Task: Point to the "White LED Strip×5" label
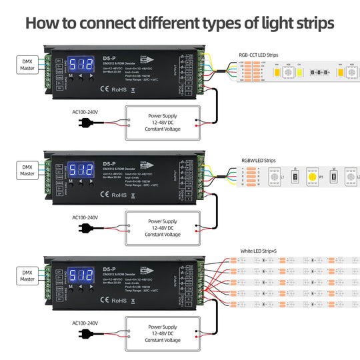[x=262, y=251]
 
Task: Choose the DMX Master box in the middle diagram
[x=27, y=170]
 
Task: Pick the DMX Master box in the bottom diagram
[x=27, y=275]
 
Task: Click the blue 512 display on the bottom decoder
[x=80, y=276]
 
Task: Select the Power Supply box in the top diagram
[x=163, y=122]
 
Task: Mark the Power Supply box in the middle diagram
[x=163, y=227]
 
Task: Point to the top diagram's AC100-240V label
[x=85, y=113]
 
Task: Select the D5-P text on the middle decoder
[x=109, y=163]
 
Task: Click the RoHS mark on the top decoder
[x=119, y=89]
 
